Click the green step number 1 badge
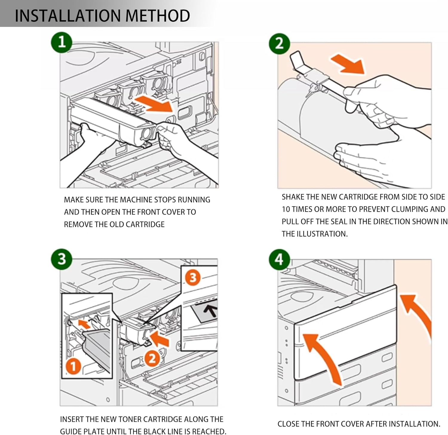pos(62,42)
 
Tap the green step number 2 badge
pos(280,44)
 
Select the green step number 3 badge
pos(62,259)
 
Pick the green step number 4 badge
pos(279,259)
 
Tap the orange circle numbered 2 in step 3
pos(152,358)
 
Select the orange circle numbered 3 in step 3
pos(193,277)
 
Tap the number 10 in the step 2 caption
pos(286,209)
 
